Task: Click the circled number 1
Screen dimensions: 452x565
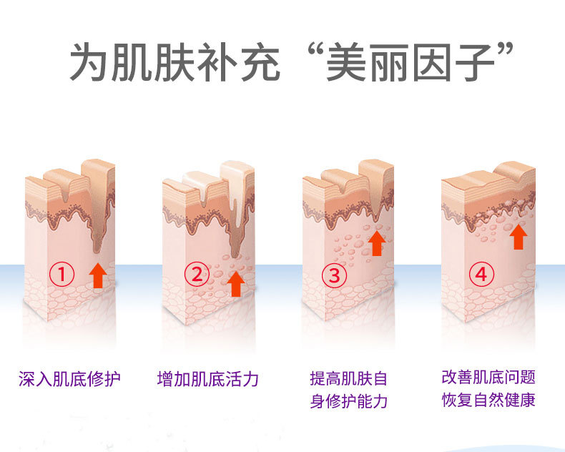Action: [x=63, y=273]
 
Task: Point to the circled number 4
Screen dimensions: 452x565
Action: [x=481, y=273]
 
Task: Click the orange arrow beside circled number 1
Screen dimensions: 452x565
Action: [x=99, y=275]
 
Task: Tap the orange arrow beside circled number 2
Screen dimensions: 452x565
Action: [x=235, y=283]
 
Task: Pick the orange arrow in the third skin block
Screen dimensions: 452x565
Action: [x=376, y=242]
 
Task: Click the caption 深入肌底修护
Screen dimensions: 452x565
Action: [x=70, y=378]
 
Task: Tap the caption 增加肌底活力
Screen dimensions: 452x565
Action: [x=207, y=378]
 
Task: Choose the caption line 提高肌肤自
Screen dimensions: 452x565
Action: [x=348, y=378]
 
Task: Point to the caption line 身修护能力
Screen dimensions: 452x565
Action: [x=348, y=401]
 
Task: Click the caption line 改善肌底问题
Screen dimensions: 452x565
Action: [x=488, y=377]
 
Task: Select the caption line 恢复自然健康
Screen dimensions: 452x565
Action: [x=488, y=399]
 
